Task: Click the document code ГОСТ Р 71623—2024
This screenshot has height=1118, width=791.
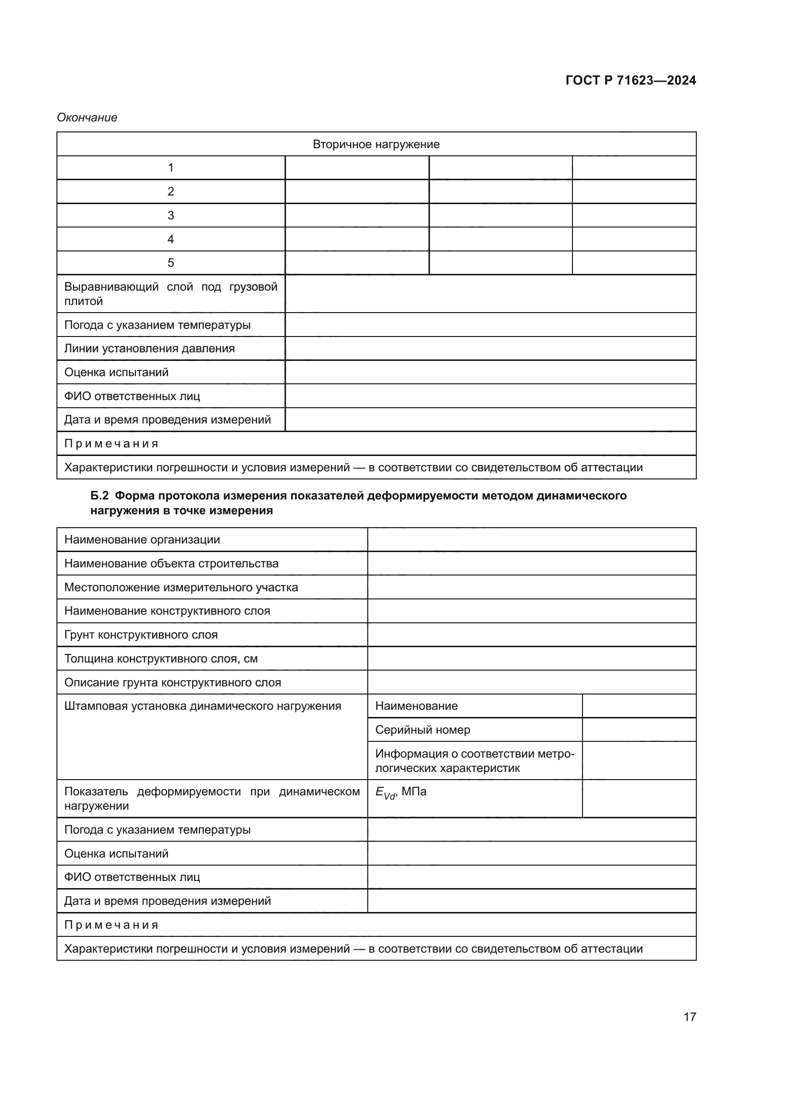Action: pos(630,80)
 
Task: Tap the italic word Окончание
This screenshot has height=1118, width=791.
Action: pos(87,118)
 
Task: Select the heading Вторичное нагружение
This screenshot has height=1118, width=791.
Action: pos(376,144)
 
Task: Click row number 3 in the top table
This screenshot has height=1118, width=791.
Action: pos(170,215)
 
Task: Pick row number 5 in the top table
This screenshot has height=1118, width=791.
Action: pos(170,263)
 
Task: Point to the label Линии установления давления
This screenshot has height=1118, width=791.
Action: pos(150,348)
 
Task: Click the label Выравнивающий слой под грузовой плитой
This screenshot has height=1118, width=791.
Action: pos(170,293)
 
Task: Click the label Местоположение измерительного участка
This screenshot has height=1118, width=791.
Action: pos(181,587)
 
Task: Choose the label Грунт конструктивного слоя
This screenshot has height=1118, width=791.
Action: pos(141,635)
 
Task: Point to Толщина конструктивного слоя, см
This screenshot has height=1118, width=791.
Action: pos(161,659)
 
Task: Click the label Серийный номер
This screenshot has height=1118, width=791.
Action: pos(423,730)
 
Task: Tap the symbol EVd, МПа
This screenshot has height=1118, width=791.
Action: pos(401,792)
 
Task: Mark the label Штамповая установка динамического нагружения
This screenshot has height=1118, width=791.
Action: pos(203,706)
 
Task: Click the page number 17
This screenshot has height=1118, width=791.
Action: pos(690,1017)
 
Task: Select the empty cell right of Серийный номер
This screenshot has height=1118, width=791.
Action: pos(639,730)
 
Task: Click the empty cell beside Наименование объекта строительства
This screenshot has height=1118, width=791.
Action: pos(531,564)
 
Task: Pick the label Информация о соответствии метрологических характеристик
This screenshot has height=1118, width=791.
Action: pos(474,760)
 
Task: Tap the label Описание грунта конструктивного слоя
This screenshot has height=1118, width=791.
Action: pos(173,683)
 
